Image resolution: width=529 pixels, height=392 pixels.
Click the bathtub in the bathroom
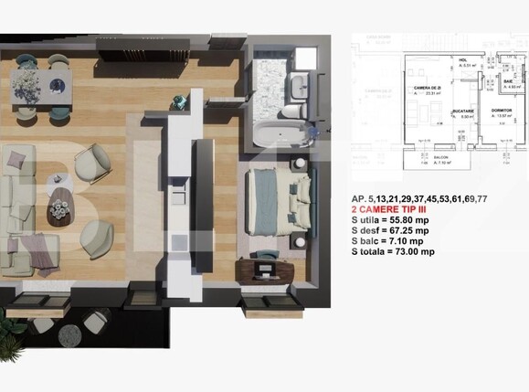[x=280, y=136]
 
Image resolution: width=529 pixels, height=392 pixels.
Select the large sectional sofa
[x=23, y=210]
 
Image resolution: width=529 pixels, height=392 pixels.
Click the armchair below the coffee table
[x=97, y=239]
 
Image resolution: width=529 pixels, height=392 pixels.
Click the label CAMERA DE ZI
[x=428, y=88]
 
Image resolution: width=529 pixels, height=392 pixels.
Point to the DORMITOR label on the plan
[x=501, y=110]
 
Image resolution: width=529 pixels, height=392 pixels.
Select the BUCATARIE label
[x=466, y=111]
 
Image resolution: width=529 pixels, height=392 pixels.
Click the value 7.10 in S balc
[x=407, y=241]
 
